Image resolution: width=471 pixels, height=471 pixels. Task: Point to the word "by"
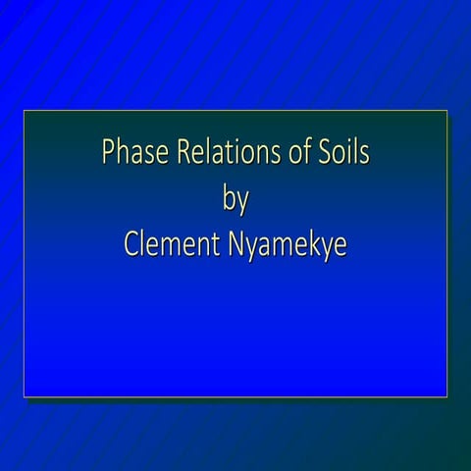click(x=235, y=202)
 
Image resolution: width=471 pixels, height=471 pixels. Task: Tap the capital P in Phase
click(x=108, y=155)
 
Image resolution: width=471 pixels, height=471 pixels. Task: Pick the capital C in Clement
click(x=132, y=245)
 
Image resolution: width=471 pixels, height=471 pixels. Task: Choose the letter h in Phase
click(x=121, y=154)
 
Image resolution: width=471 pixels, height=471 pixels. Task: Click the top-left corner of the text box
click(x=25, y=111)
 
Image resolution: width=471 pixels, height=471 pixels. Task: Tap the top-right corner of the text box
click(x=447, y=111)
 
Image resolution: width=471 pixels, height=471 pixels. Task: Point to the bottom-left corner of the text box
click(x=25, y=396)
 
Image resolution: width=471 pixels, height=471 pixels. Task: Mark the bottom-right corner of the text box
click(x=447, y=396)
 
